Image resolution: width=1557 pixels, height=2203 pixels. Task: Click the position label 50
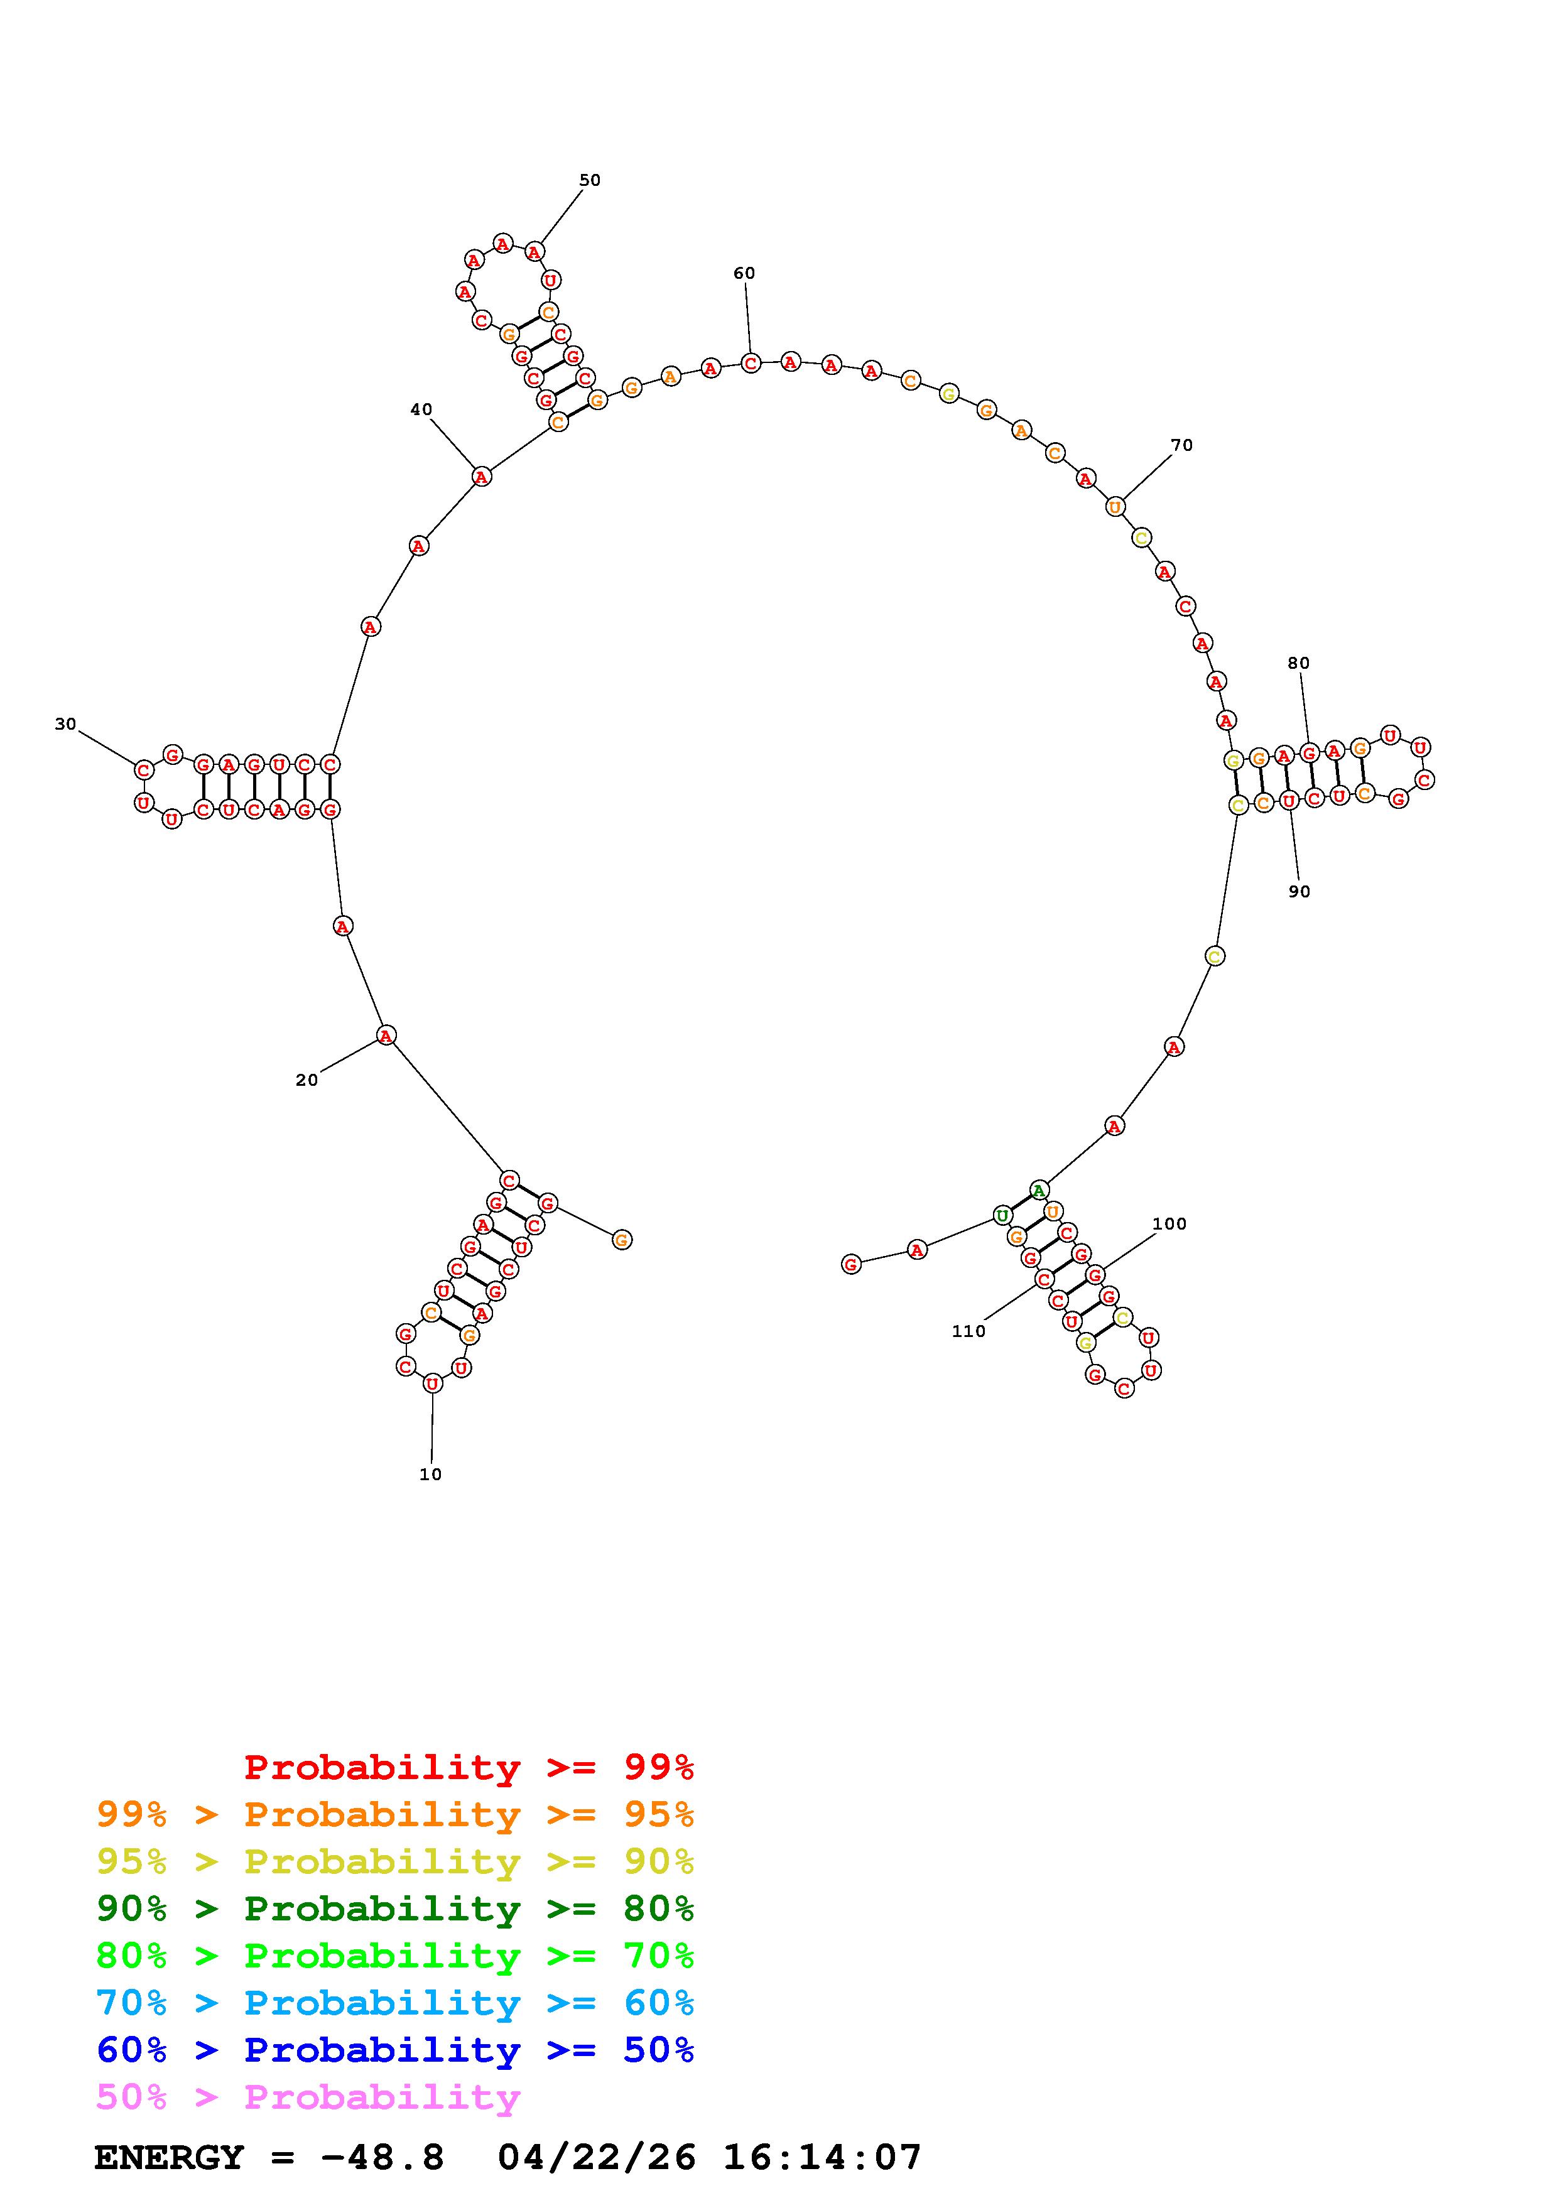click(x=589, y=180)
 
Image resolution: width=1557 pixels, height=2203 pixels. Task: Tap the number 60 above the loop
click(x=744, y=273)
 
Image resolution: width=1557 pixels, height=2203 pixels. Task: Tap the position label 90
click(x=1298, y=891)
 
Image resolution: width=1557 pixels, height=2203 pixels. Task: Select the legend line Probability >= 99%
click(x=469, y=1767)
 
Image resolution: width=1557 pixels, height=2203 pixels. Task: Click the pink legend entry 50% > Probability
click(x=308, y=2097)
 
